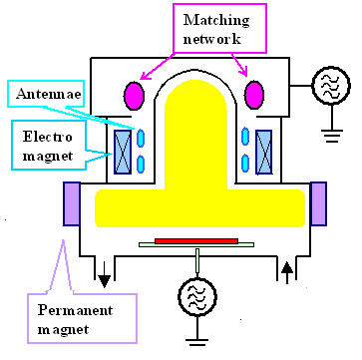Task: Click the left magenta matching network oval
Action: pos(135,95)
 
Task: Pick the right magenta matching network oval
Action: pos(254,95)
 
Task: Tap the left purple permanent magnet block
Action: pos(75,204)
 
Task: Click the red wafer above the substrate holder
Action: pos(195,240)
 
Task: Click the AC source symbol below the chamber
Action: pos(195,295)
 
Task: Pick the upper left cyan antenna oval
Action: pos(142,139)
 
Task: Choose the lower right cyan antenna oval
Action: pos(248,162)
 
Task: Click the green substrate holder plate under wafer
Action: pos(195,246)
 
